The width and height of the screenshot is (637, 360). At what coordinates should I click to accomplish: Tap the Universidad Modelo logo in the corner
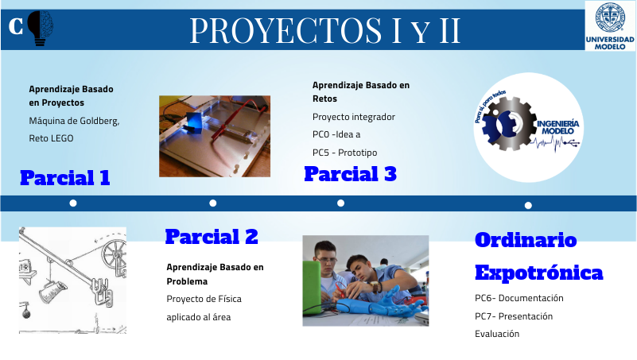coord(610,25)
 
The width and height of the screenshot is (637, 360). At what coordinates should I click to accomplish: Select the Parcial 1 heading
coord(65,177)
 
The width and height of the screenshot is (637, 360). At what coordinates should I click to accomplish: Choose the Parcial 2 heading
coord(212,236)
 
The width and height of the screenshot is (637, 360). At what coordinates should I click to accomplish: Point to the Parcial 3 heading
coord(350,173)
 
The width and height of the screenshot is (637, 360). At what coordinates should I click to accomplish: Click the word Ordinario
coord(526,240)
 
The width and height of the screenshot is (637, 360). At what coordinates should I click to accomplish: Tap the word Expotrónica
coord(538,273)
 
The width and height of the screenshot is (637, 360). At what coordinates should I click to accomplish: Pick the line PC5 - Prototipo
coord(344,152)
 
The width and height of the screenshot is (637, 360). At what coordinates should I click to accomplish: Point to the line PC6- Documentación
coord(519,298)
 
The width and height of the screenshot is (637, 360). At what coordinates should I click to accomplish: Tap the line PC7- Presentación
coord(513,315)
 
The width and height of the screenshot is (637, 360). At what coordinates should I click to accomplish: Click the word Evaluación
coord(496,333)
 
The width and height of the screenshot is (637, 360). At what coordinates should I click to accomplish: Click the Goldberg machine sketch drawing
coord(72,279)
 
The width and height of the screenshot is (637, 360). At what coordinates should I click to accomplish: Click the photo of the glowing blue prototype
coord(214,135)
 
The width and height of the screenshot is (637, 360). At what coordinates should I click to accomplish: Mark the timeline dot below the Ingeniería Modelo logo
coord(528,205)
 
